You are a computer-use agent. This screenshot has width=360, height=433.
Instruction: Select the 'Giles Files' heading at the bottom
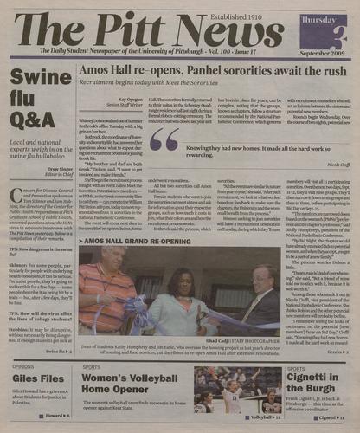coord(32,378)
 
